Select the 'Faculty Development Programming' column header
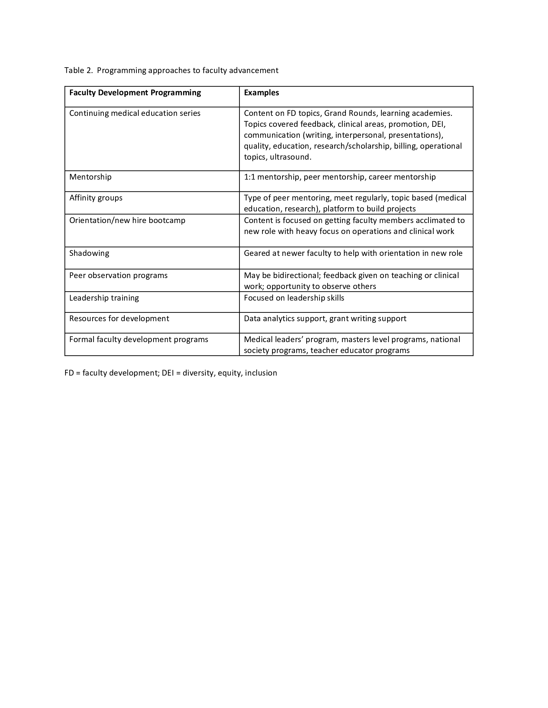135,93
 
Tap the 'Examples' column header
261,93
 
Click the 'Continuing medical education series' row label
135,113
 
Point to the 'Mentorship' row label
90,177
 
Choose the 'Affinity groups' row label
96,198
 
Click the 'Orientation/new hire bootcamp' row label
127,220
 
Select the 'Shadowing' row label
89,253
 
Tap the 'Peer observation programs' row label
119,275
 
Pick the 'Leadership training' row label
104,298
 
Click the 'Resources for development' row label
119,319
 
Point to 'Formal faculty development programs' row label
139,340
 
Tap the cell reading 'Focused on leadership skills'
294,298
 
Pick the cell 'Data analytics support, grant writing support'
325,319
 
